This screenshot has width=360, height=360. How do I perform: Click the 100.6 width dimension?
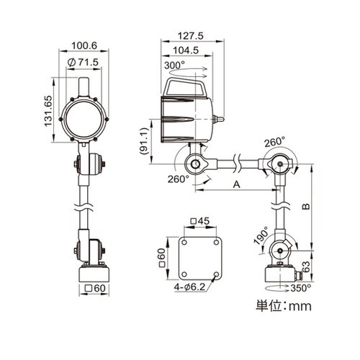[x=84, y=45]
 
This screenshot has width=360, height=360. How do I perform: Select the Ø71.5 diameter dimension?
[x=83, y=63]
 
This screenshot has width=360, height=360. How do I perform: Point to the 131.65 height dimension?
[x=48, y=111]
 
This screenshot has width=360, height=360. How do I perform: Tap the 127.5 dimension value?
[x=190, y=36]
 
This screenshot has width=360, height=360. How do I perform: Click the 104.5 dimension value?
[x=186, y=50]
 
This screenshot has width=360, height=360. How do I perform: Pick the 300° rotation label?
[x=174, y=66]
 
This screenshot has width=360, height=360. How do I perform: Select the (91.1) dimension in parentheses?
[x=145, y=141]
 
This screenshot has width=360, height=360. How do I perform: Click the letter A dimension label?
[x=237, y=184]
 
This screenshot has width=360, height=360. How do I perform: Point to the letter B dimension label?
[x=305, y=207]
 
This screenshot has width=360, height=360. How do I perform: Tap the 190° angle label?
[x=261, y=235]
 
